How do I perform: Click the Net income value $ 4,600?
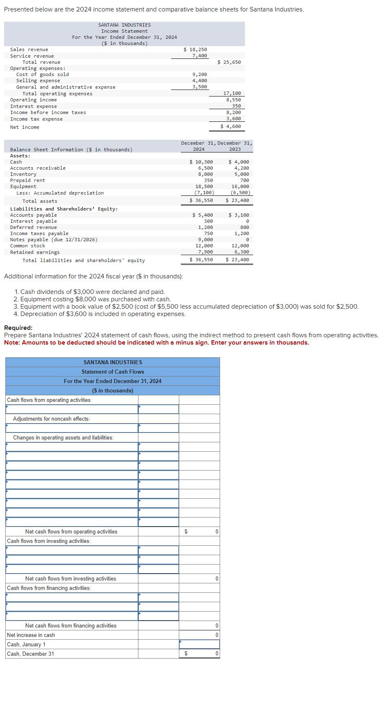point(231,127)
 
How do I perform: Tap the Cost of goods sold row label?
point(42,74)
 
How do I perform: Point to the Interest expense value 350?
point(236,106)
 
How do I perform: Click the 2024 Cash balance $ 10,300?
point(201,162)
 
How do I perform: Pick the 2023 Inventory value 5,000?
point(242,174)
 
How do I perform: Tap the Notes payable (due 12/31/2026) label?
point(53,240)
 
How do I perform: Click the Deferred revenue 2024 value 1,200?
point(205,227)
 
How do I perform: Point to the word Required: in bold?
point(18,328)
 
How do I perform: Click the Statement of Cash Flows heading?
point(113,372)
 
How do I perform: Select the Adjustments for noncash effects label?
point(51,419)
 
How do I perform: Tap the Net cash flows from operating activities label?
point(71,531)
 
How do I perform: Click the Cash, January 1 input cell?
point(199,644)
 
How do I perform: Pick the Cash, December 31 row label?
point(31,654)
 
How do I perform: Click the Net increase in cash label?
point(31,635)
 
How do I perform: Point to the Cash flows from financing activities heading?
point(49,588)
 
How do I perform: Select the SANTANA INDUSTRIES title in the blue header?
point(113,362)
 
